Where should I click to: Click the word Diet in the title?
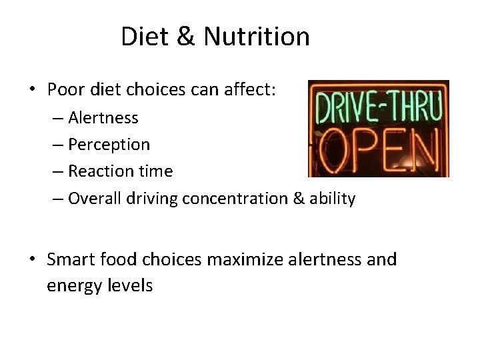click(x=145, y=36)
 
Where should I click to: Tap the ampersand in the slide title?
click(x=186, y=37)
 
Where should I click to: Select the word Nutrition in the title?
click(x=256, y=36)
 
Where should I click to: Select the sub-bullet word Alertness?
click(x=103, y=118)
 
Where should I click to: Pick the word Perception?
click(x=109, y=145)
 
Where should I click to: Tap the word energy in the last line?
click(x=71, y=286)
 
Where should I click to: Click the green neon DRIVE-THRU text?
click(x=377, y=107)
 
